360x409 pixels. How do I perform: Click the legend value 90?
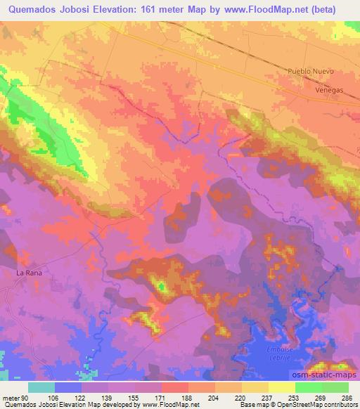(27, 397)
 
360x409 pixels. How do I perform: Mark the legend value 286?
(346, 397)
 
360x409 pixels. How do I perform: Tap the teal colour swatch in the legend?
(41, 387)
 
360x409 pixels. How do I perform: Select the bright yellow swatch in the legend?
(281, 387)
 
